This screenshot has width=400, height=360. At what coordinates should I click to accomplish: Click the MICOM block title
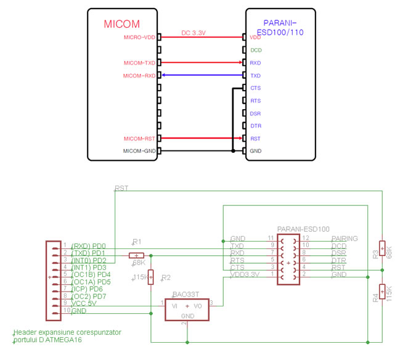[121, 25]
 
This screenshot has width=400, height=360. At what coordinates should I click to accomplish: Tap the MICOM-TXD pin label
[139, 63]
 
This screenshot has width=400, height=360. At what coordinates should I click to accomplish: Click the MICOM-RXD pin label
[139, 76]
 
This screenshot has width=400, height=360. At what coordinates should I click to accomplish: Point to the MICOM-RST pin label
[140, 139]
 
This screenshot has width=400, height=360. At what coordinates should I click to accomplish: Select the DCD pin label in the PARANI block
[256, 50]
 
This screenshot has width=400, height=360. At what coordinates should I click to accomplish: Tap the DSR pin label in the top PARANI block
[256, 113]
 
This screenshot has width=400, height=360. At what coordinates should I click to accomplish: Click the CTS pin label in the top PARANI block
[256, 88]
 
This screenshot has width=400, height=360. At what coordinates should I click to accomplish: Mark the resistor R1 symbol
[136, 255]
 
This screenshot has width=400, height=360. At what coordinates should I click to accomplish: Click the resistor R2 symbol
[151, 279]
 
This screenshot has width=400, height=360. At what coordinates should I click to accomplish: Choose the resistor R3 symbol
[382, 248]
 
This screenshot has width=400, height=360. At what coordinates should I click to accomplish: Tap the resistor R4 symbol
[382, 290]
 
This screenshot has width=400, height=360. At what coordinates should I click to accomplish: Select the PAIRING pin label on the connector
[344, 238]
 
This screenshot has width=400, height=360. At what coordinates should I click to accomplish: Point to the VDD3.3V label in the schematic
[245, 275]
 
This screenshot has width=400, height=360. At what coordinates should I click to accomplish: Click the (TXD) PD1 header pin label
[89, 253]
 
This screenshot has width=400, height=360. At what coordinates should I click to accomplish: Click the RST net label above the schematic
[121, 188]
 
